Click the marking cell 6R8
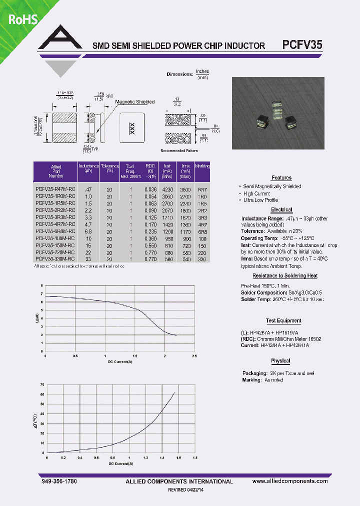(202, 231)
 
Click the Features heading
(281, 178)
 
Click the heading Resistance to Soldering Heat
(284, 276)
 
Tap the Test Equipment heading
(283, 321)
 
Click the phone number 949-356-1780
(58, 481)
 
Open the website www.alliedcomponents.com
(290, 481)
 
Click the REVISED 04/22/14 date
(189, 490)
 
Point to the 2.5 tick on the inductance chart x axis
(194, 355)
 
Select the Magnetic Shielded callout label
(134, 102)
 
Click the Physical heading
(280, 361)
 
